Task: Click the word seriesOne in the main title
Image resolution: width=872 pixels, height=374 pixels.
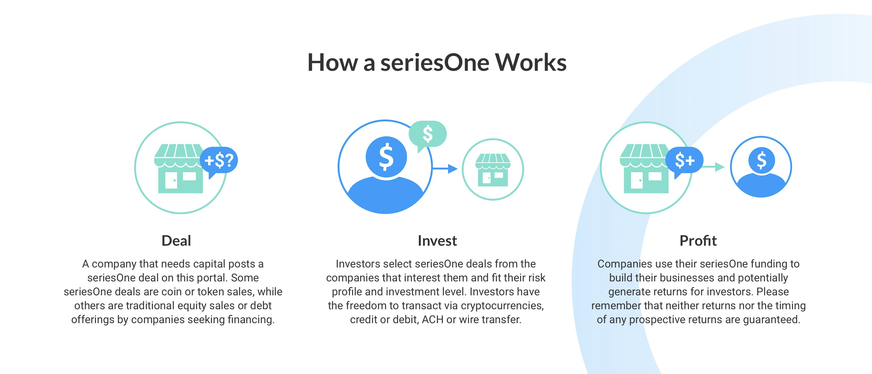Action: click(435, 63)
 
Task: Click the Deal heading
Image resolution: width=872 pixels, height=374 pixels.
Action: click(176, 241)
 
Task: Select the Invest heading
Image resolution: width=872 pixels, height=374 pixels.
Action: click(437, 241)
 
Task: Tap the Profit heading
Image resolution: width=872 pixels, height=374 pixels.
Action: click(698, 241)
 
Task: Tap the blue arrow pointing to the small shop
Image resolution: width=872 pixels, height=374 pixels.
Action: click(445, 169)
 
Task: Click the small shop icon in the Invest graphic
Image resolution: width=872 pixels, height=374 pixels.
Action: click(493, 170)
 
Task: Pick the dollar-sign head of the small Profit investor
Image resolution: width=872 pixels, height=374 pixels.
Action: click(761, 160)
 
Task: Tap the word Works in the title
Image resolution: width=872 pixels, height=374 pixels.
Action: click(531, 63)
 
